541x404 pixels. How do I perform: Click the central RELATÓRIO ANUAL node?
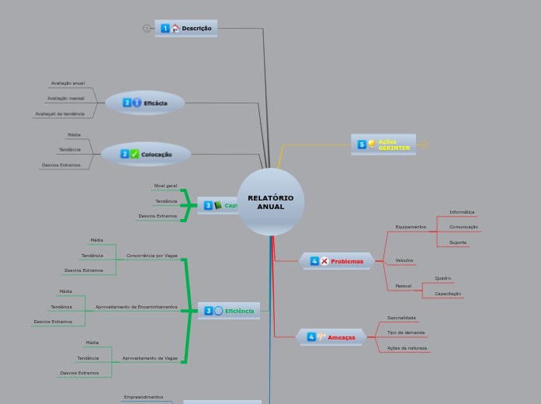click(x=271, y=202)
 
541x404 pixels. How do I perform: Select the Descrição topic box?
click(x=186, y=28)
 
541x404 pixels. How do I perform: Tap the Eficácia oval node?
click(x=145, y=103)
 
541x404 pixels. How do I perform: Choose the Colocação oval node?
click(x=146, y=154)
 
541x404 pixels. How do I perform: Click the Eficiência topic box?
click(x=229, y=311)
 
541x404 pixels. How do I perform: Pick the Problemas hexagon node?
click(x=337, y=261)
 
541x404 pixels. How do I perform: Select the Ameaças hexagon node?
click(x=331, y=337)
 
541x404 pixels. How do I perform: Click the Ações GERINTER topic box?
click(x=383, y=145)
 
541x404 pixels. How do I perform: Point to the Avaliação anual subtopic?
click(x=68, y=82)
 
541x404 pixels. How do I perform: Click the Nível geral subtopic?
click(x=165, y=186)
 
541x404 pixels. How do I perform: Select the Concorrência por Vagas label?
click(x=152, y=255)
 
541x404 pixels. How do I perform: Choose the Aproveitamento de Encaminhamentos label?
click(x=137, y=307)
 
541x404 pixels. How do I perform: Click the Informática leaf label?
click(x=462, y=212)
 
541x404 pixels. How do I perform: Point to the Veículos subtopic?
click(x=404, y=260)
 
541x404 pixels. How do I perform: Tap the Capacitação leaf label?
click(x=448, y=294)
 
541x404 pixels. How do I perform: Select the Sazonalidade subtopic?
click(x=402, y=318)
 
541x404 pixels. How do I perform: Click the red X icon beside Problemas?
click(x=324, y=261)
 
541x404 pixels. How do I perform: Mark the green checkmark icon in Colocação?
click(x=135, y=154)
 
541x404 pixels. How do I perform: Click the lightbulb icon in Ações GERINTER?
click(x=371, y=145)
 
